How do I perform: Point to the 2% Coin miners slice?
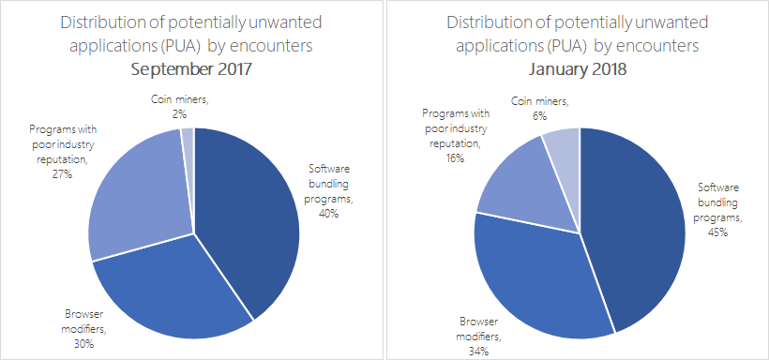pos(188,141)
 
